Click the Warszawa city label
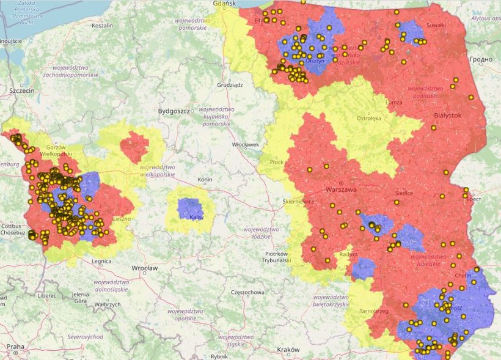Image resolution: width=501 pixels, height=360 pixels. tap(341, 190)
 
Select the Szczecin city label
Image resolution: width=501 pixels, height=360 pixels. tap(21, 90)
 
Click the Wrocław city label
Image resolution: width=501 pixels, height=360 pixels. tap(145, 268)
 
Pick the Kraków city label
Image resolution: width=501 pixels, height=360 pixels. tap(288, 350)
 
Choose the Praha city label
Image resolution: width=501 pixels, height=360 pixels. tap(15, 347)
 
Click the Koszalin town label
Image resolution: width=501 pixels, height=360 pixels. tap(102, 26)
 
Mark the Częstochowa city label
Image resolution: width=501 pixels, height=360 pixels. tap(247, 293)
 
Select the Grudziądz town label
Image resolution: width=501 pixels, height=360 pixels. tap(230, 85)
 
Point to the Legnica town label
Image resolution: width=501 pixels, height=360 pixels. tap(101, 262)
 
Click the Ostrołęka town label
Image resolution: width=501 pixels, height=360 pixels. tap(368, 119)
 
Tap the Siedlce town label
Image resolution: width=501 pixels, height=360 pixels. tap(404, 193)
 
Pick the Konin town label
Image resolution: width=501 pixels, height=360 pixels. tap(205, 180)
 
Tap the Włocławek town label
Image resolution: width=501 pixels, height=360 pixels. tap(246, 145)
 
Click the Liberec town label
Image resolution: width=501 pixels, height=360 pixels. tap(46, 295)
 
